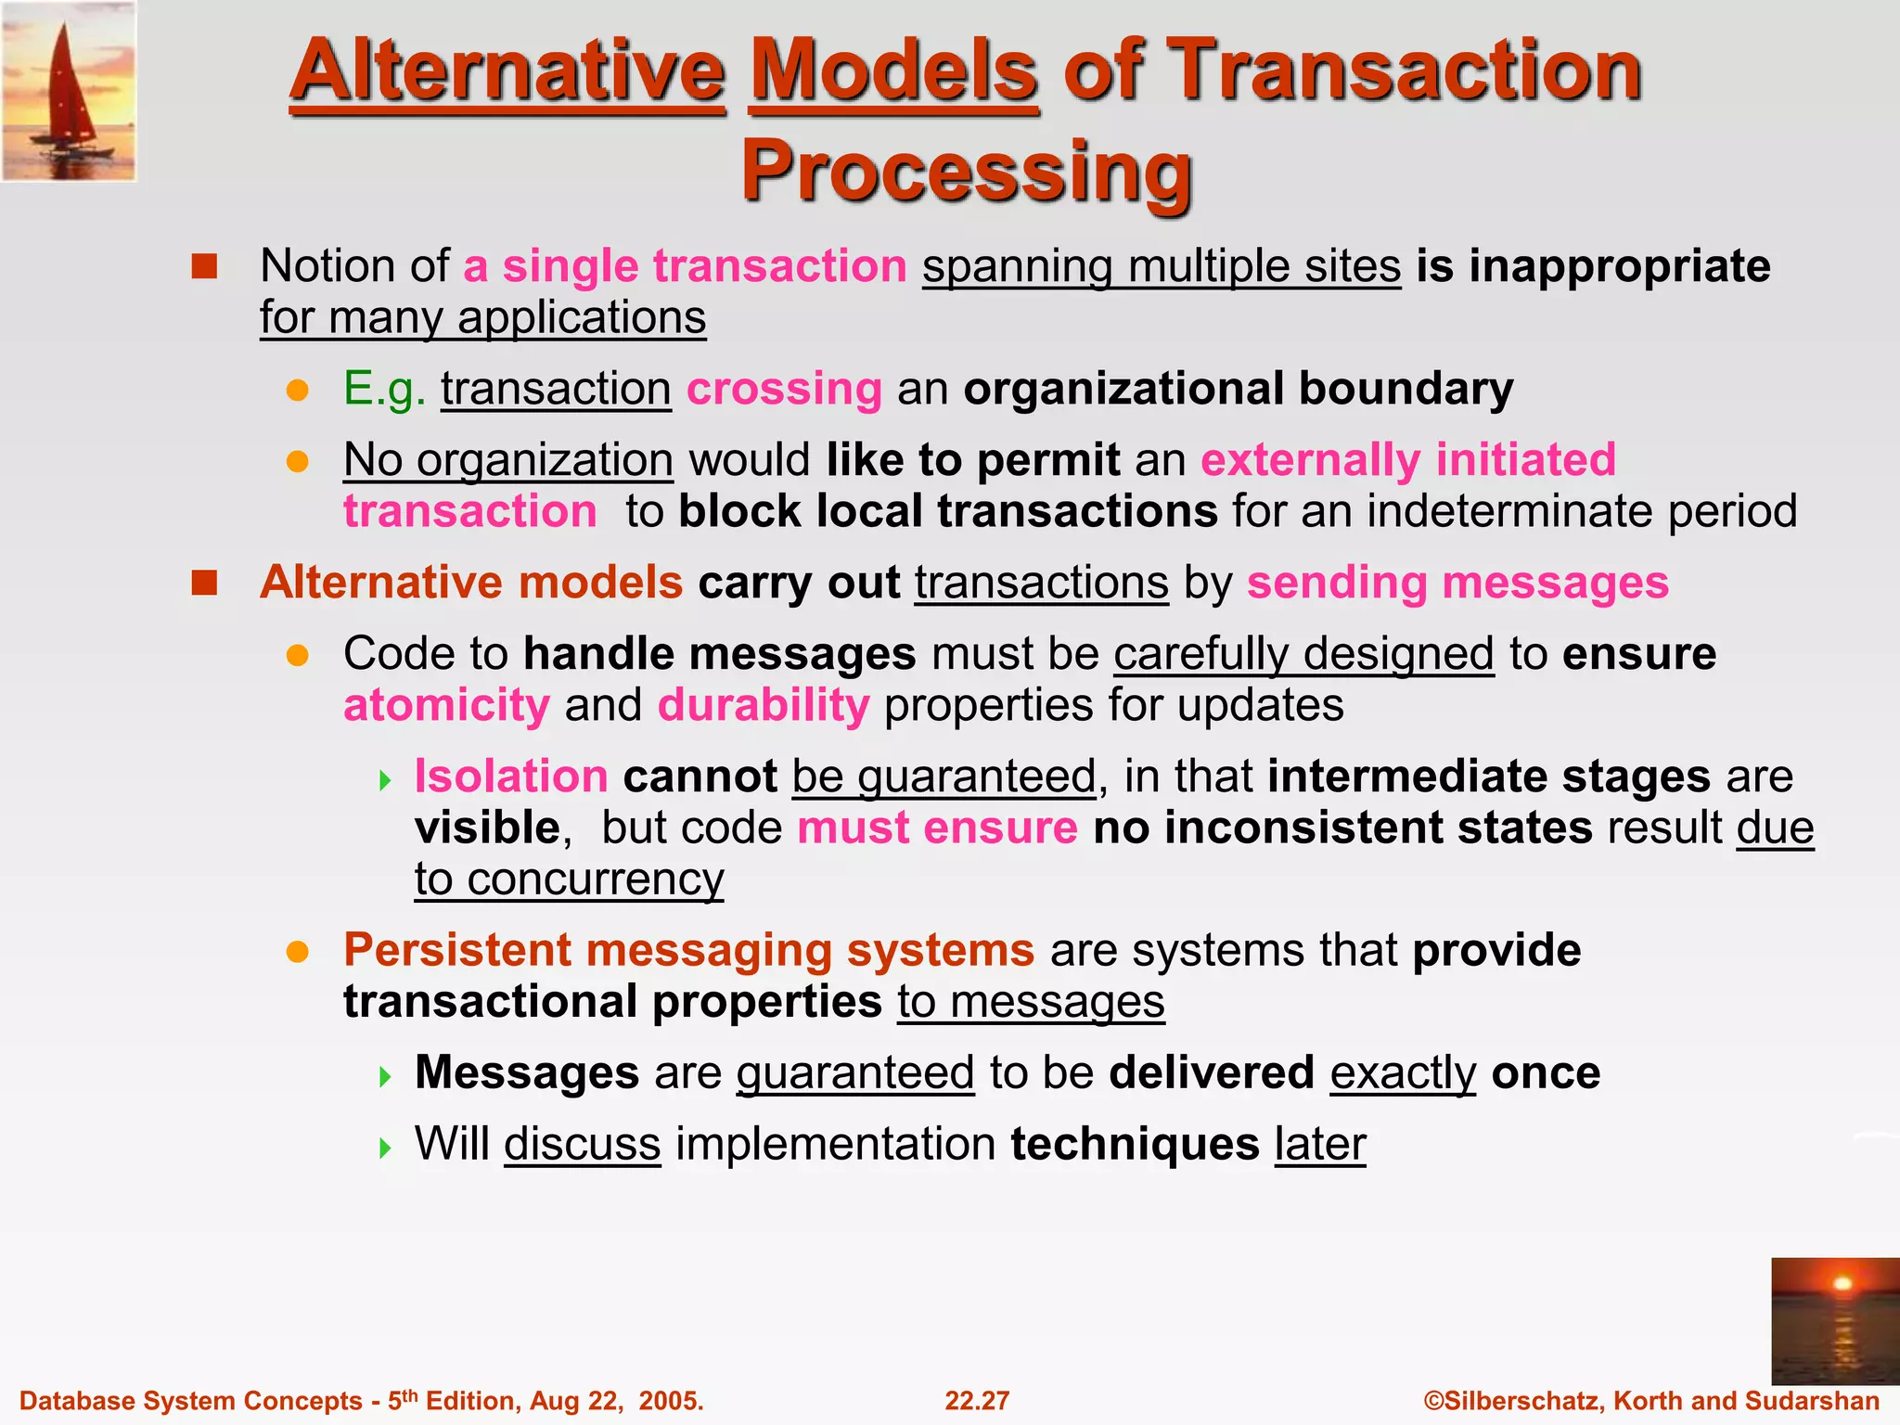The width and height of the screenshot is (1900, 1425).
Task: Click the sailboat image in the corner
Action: [x=69, y=91]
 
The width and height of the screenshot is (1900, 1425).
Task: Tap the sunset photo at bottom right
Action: [x=1834, y=1320]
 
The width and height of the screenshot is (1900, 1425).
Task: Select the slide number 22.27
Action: [x=976, y=1401]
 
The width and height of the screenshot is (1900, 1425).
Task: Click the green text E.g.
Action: [x=384, y=389]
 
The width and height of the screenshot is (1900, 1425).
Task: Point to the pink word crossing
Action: [x=784, y=389]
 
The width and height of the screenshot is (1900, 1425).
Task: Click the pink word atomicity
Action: [x=446, y=705]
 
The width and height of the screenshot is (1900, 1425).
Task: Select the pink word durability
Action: [x=764, y=705]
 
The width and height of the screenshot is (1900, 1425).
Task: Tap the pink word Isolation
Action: [x=511, y=776]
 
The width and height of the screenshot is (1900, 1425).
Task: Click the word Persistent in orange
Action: [x=457, y=950]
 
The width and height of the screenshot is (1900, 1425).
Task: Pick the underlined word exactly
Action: [x=1402, y=1073]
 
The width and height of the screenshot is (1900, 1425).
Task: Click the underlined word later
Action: [x=1319, y=1144]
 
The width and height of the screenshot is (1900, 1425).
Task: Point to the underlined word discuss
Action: [x=582, y=1144]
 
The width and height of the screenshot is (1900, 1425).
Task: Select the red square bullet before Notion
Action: [x=204, y=267]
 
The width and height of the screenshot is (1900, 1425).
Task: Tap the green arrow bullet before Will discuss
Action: [x=386, y=1149]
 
